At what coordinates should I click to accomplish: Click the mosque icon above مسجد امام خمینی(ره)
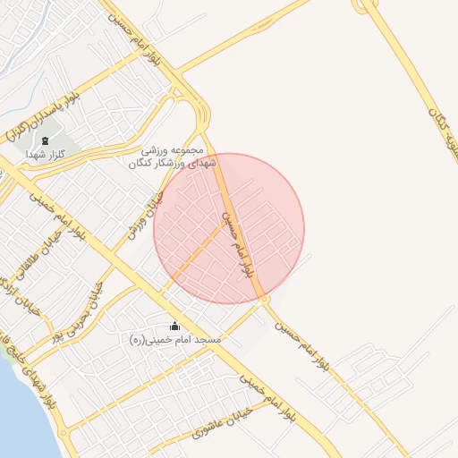click(174, 327)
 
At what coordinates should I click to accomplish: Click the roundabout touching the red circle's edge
click(266, 301)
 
